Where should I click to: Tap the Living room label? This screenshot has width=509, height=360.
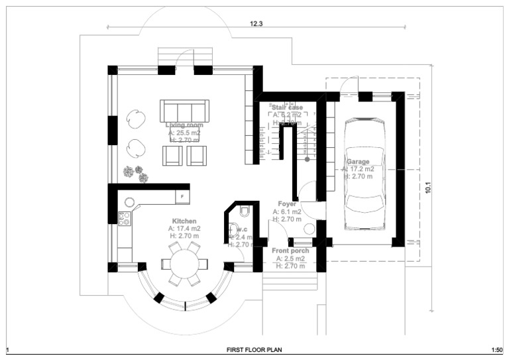pos(184,125)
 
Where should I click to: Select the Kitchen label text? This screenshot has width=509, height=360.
pos(184,221)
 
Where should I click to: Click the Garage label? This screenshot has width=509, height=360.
pos(358,162)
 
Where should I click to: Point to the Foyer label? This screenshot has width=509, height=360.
pos(287,204)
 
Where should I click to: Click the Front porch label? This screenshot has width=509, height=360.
pos(290,251)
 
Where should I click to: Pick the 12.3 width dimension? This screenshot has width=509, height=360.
pos(256,23)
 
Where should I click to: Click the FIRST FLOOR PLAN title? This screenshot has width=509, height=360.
pos(254,349)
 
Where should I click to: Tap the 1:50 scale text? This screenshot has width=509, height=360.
pos(495,349)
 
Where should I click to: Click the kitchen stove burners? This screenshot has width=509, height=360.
pos(124,218)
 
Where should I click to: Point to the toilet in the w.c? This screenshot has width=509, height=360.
pos(245,211)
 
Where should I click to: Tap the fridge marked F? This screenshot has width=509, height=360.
pos(182,197)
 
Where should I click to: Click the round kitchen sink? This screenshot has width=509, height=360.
pos(130,202)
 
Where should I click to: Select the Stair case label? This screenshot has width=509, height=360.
pos(286,107)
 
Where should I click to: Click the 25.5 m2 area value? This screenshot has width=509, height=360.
pos(184,133)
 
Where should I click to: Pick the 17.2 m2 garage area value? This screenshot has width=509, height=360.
pos(359,169)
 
